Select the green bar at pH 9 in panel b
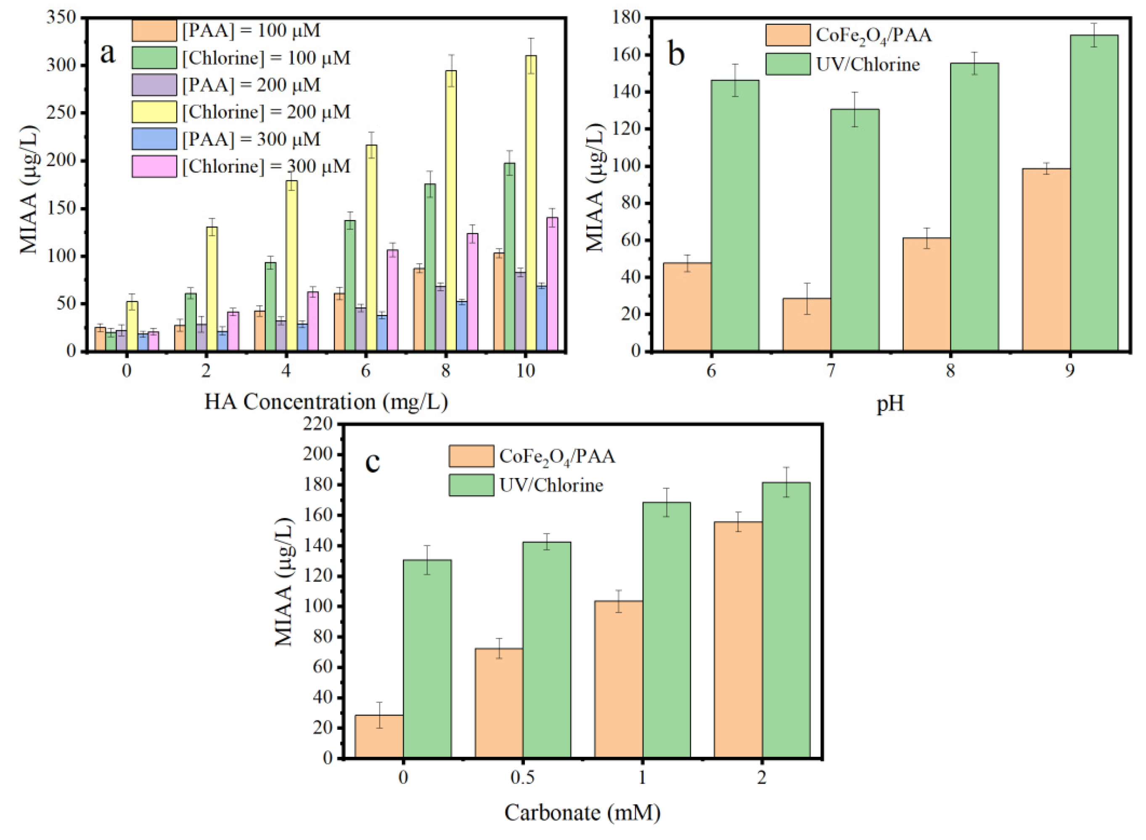coord(1094,193)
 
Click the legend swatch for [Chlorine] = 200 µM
coord(154,112)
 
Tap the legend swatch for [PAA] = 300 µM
coord(154,139)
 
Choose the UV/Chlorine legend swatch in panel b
coord(788,64)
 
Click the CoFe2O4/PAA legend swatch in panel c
coord(471,456)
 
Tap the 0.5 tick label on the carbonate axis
coord(522,778)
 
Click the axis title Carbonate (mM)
coord(582,813)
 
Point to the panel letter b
coord(676,55)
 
